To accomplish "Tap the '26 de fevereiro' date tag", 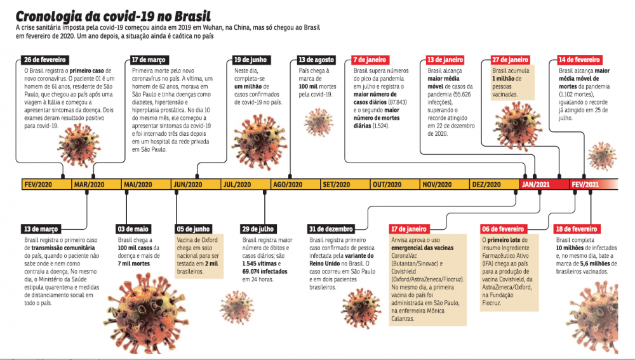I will [x=45, y=60].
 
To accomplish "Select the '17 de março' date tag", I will [x=149, y=60].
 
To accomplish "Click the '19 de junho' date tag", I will [x=250, y=60].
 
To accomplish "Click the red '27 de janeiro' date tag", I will [x=511, y=60].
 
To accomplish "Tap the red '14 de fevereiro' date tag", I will [x=580, y=60].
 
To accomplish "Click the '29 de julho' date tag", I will [x=259, y=229].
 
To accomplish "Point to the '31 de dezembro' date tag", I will [x=331, y=229].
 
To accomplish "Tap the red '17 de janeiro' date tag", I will [x=408, y=229].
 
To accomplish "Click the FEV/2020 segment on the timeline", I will [x=38, y=185].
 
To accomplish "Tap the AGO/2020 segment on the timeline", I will [x=287, y=185].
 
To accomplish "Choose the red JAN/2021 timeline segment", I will [x=535, y=185].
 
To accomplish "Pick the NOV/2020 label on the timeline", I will [x=437, y=185].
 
